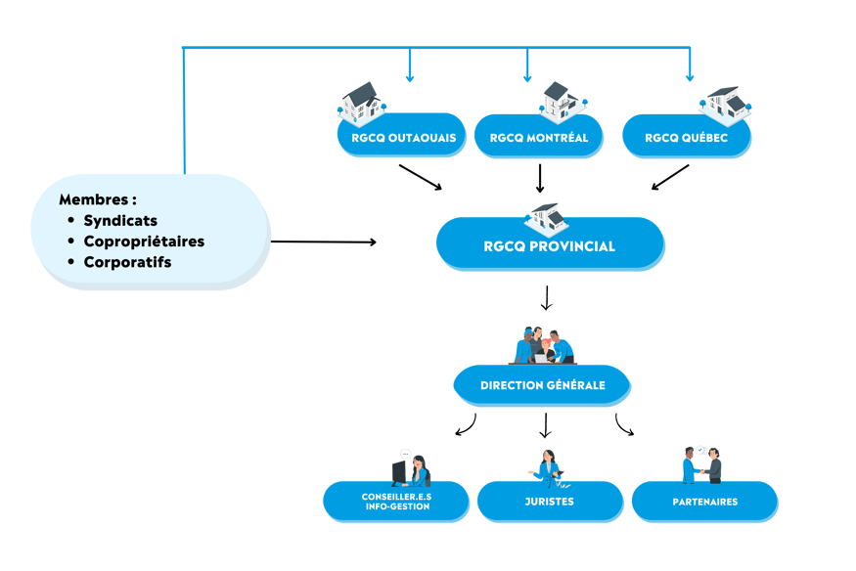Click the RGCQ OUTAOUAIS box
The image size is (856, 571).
(x=401, y=138)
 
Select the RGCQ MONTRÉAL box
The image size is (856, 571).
(x=538, y=138)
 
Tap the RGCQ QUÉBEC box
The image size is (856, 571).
(x=687, y=138)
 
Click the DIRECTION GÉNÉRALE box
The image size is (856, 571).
(x=542, y=385)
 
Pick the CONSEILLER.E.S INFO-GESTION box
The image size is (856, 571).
(x=396, y=502)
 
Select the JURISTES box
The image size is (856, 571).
(x=549, y=502)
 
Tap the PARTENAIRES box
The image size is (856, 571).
(x=704, y=502)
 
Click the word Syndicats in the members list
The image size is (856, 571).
(x=120, y=221)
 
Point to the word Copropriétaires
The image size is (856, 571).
(x=144, y=242)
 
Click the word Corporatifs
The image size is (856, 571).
(x=127, y=262)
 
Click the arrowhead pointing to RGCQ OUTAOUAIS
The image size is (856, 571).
(x=410, y=77)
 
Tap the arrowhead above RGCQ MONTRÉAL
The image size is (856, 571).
(x=527, y=77)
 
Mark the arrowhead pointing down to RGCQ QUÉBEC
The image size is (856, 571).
(x=689, y=77)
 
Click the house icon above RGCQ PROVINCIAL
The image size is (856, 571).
(x=546, y=216)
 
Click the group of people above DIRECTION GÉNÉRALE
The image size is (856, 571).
(x=543, y=344)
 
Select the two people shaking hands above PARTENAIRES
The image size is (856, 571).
(x=701, y=463)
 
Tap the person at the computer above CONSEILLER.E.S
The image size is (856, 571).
(x=411, y=467)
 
